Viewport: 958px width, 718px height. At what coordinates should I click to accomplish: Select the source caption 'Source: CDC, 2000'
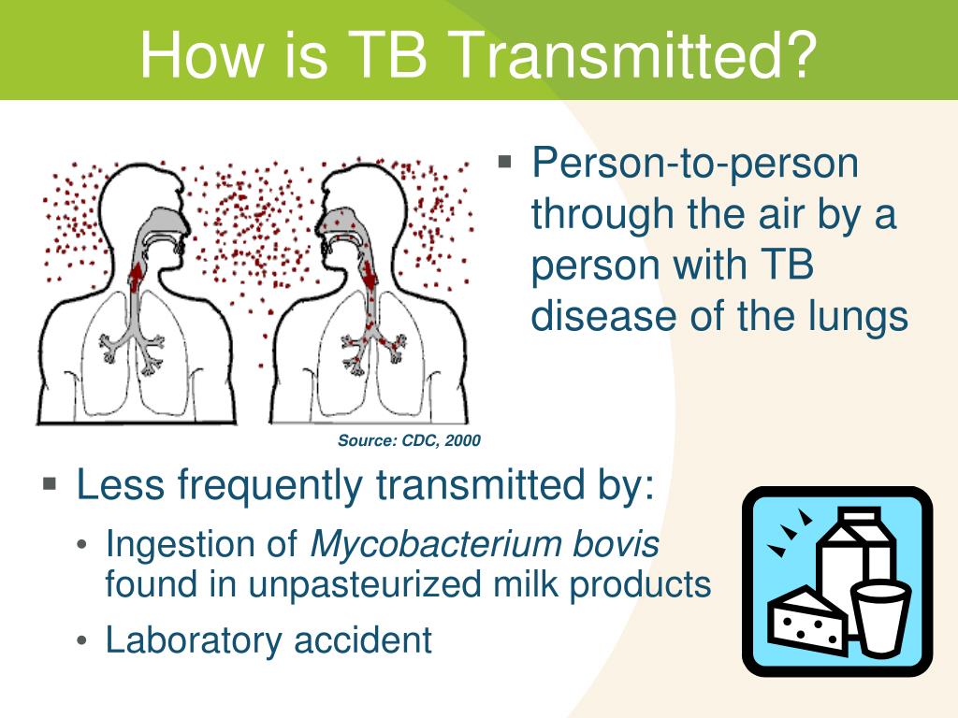[x=409, y=440]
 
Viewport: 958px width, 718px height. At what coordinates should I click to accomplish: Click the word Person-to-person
[x=695, y=164]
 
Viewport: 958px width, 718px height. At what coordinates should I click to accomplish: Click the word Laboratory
[x=194, y=640]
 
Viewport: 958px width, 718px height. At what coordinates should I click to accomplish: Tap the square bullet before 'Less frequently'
[x=50, y=483]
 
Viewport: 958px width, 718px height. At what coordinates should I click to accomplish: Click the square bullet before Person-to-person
[x=505, y=162]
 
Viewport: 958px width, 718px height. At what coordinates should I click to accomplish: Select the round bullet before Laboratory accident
[x=84, y=642]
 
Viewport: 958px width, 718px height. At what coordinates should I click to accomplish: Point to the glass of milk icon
[x=879, y=617]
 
